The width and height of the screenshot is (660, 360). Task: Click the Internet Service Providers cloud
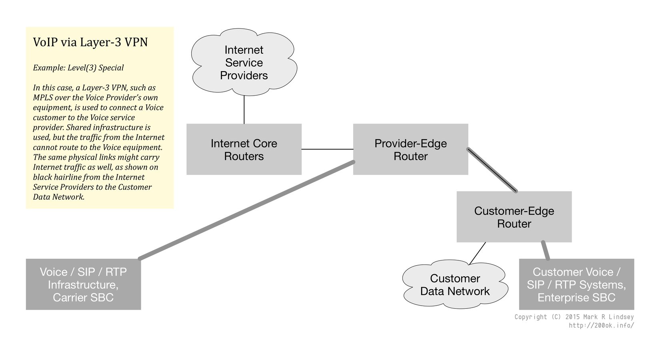coord(244,63)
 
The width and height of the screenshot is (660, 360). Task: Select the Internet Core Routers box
coord(244,149)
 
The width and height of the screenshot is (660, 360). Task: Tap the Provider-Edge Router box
coord(410,149)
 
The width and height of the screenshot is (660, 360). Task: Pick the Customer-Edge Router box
coord(514,217)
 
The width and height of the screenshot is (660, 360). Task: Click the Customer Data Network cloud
coord(455,285)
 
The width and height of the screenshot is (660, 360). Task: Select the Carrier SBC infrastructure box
coord(83,284)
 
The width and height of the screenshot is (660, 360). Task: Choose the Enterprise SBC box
coord(576,284)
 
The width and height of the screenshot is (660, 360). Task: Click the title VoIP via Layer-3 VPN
coord(90,42)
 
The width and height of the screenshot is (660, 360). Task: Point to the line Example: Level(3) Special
coord(78,68)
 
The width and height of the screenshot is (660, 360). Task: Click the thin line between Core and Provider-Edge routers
coord(327,149)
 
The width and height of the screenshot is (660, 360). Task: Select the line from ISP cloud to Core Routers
coord(244,110)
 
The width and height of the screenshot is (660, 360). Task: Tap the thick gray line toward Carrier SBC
coord(246,210)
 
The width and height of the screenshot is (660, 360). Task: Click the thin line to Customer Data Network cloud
coord(478,253)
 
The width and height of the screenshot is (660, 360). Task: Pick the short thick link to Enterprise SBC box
coord(545,250)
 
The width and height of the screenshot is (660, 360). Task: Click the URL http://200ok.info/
coord(601,325)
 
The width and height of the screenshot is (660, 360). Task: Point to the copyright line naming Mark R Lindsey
coord(574,317)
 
